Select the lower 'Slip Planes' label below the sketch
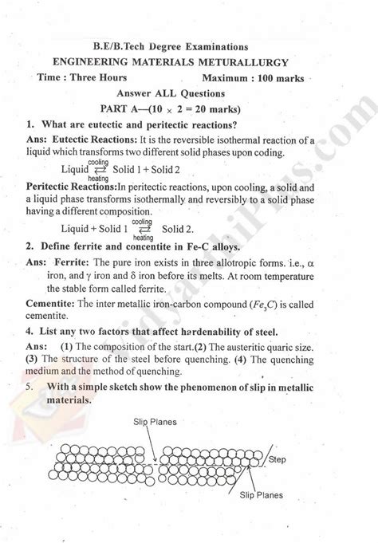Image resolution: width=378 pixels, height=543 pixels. click(x=263, y=494)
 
